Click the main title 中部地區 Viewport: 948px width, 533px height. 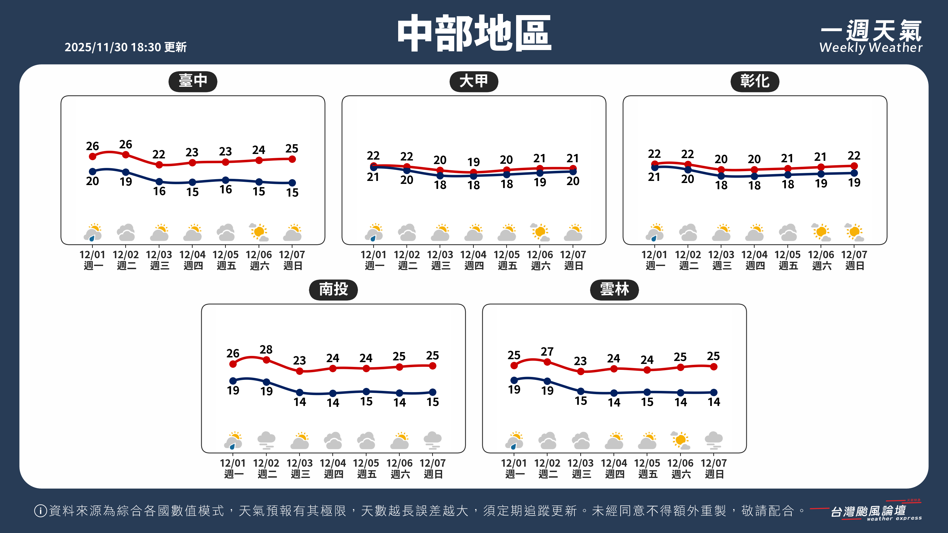click(x=474, y=33)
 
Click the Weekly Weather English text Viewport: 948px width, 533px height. click(x=871, y=48)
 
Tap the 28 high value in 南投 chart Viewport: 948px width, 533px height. click(x=266, y=349)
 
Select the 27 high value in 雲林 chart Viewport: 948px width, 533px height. click(x=547, y=352)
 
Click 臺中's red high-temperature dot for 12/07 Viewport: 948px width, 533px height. click(x=292, y=159)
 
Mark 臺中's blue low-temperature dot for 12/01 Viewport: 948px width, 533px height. click(x=93, y=171)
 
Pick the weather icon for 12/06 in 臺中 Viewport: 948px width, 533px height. click(x=259, y=232)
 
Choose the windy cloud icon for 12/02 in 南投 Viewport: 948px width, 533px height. click(x=266, y=440)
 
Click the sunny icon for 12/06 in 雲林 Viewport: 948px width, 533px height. click(x=680, y=440)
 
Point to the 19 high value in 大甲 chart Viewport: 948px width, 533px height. click(x=474, y=162)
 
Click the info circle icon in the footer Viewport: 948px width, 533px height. click(x=40, y=510)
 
